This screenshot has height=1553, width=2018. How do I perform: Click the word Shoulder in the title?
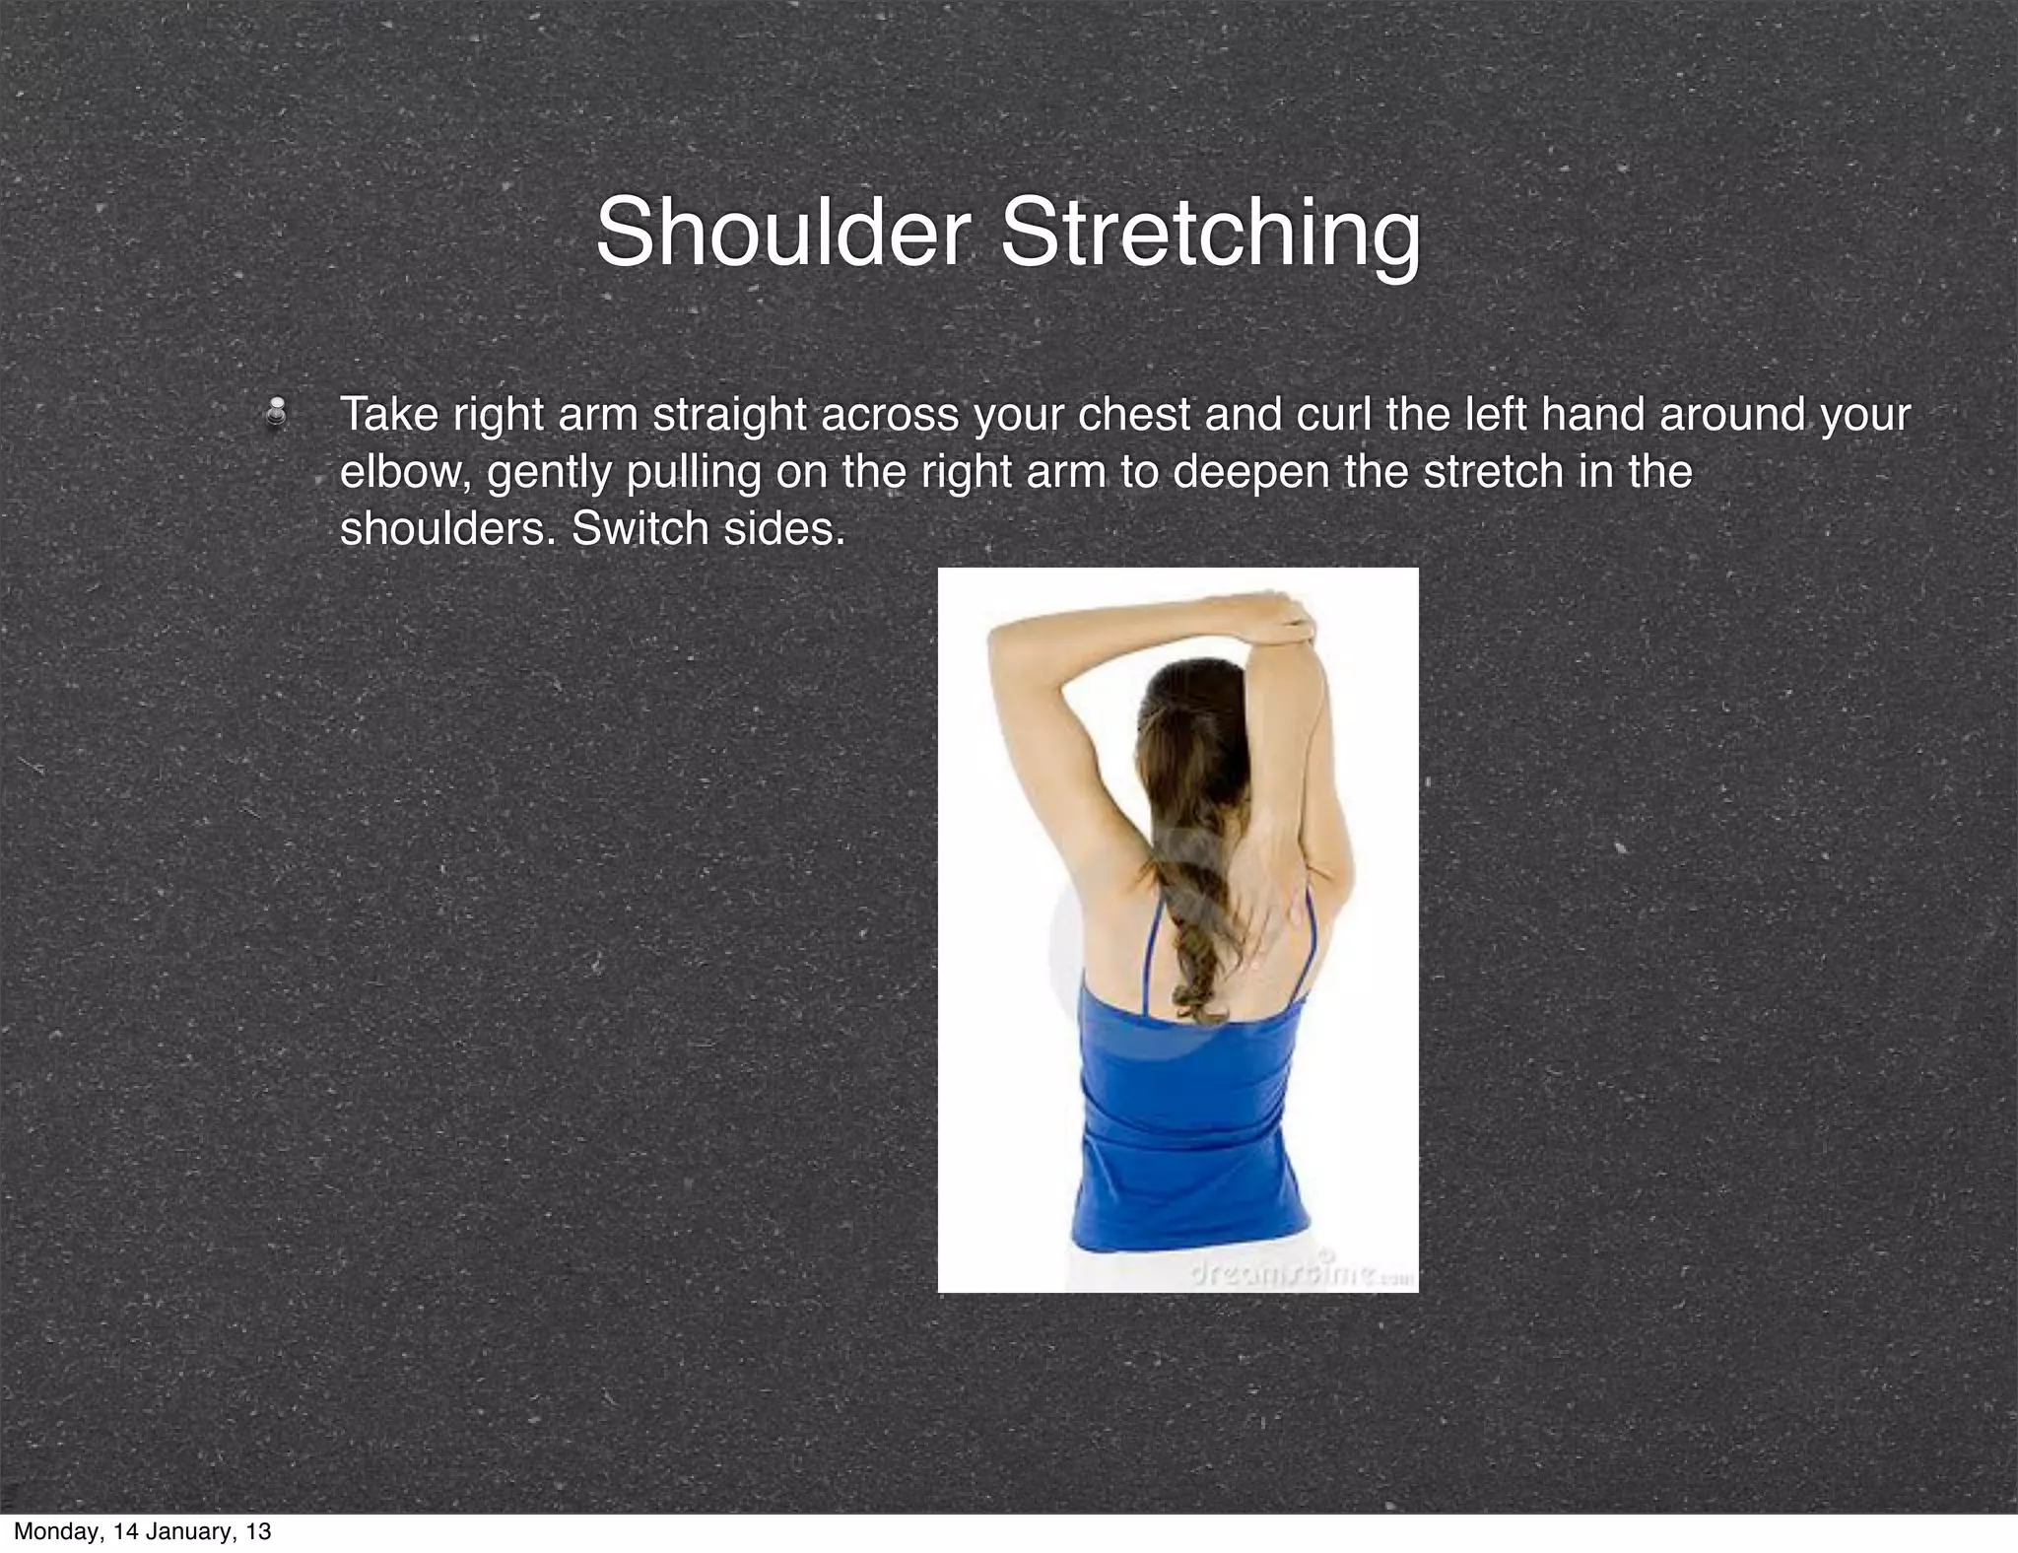[781, 233]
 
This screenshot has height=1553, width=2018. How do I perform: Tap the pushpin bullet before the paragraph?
[278, 413]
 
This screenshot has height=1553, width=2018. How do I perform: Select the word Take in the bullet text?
[389, 415]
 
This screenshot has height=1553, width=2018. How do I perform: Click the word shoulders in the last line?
[448, 529]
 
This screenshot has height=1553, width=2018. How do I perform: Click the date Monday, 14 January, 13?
[142, 1531]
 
